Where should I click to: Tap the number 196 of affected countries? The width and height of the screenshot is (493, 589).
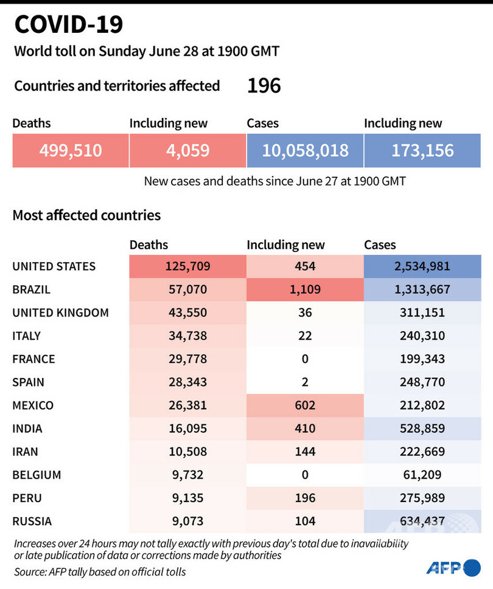click(x=264, y=86)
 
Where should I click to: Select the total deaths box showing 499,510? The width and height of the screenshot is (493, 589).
click(x=71, y=150)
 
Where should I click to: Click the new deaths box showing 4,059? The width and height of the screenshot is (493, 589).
click(x=187, y=150)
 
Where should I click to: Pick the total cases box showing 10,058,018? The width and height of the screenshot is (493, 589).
click(x=305, y=150)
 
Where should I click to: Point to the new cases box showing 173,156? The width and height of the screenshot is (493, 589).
click(x=422, y=150)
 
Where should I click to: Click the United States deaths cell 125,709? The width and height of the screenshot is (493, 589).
click(x=187, y=267)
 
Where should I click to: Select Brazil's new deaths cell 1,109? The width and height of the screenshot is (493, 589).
click(x=305, y=290)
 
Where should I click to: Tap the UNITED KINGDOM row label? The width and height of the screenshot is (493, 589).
click(x=61, y=313)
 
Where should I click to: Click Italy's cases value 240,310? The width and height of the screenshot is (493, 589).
click(x=422, y=336)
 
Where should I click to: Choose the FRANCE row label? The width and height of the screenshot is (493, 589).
click(x=33, y=359)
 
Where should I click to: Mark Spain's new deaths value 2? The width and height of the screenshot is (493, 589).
click(x=305, y=382)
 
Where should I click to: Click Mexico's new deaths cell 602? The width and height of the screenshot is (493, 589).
click(x=305, y=405)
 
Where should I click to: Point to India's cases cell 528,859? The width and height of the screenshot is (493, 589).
click(x=422, y=428)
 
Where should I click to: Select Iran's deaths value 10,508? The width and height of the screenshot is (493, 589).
click(x=187, y=451)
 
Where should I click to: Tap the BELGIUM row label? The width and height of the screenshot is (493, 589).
click(x=37, y=475)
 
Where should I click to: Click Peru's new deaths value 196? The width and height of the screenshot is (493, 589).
click(x=305, y=498)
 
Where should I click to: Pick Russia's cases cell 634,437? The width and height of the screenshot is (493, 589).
click(x=422, y=521)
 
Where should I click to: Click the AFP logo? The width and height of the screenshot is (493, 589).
click(x=453, y=568)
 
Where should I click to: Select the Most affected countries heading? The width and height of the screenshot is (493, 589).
click(x=86, y=215)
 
